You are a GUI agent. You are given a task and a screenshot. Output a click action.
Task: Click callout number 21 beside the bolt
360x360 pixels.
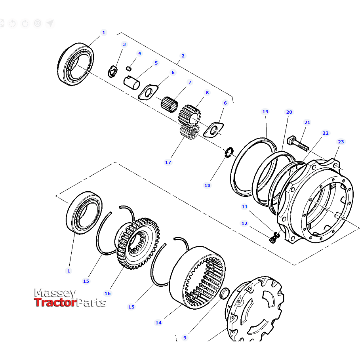click(x=307, y=122)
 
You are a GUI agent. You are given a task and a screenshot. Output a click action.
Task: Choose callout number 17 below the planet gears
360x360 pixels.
click(x=168, y=162)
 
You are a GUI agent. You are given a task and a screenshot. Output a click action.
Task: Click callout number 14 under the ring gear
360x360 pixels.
click(x=158, y=323)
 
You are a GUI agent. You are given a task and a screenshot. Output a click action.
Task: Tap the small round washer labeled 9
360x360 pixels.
click(x=224, y=293)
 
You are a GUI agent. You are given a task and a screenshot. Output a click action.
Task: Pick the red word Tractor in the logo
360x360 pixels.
click(x=55, y=303)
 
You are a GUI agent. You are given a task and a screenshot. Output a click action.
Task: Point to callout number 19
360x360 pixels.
click(x=265, y=112)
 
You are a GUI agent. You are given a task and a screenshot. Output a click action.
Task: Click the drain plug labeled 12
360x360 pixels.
click(x=272, y=239)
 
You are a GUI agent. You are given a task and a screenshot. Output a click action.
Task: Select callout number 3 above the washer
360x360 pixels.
click(x=124, y=44)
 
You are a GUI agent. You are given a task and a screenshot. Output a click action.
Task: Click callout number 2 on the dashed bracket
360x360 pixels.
click(x=183, y=56)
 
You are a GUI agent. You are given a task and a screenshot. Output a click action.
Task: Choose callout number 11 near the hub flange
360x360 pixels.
click(x=244, y=207)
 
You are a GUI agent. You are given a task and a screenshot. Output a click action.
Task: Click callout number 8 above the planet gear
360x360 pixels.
click(x=207, y=93)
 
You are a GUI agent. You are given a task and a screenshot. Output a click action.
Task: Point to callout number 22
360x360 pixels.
click(x=326, y=133)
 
